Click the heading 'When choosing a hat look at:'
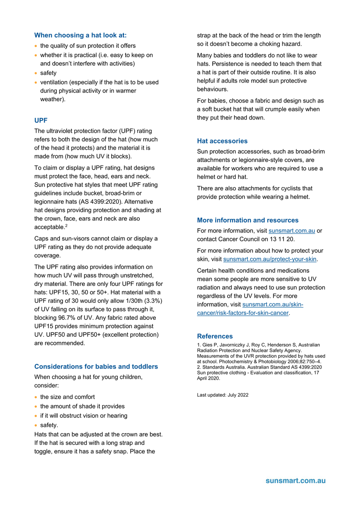coord(80,36)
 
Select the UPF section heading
coord(41,120)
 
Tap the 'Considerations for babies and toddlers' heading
coord(96,366)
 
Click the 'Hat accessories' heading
coord(222,141)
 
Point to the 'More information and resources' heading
coord(247,220)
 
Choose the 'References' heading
coord(215,336)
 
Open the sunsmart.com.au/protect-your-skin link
coord(270,259)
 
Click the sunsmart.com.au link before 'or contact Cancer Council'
coord(292,231)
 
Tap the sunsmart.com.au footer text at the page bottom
coord(295,481)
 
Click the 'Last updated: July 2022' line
coord(222,395)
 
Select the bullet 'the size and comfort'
coord(67,397)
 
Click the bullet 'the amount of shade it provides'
coord(82,406)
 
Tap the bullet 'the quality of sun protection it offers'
coord(88,46)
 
